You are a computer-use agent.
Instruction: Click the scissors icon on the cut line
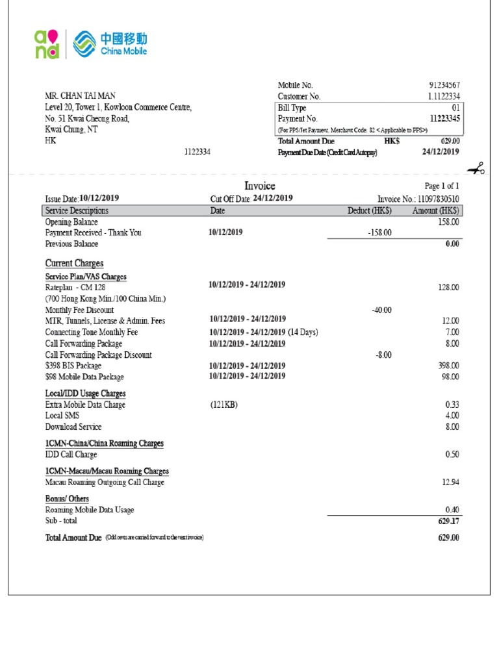click(476, 169)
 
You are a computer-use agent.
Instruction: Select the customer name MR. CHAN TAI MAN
click(81, 96)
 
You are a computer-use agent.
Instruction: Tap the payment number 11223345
click(444, 119)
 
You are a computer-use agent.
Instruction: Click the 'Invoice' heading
click(259, 186)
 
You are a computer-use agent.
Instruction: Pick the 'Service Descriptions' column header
click(77, 210)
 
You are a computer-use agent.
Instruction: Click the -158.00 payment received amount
click(379, 232)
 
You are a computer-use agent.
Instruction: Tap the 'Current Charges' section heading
click(74, 263)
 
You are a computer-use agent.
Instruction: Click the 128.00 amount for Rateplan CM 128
click(448, 287)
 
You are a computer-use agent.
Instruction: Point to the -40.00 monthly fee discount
click(381, 310)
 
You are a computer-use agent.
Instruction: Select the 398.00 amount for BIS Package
click(448, 366)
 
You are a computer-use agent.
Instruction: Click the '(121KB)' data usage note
click(224, 405)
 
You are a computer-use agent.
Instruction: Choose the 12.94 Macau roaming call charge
click(450, 482)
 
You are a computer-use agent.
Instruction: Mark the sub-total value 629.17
click(448, 521)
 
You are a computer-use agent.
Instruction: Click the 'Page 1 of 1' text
click(442, 186)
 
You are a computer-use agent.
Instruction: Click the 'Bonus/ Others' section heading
click(67, 499)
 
